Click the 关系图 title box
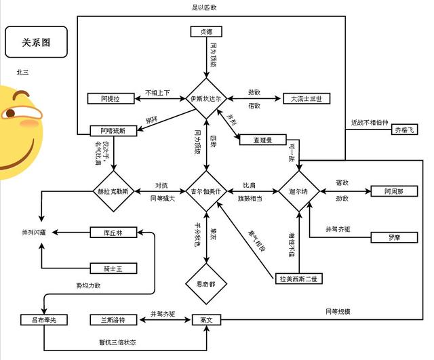[36, 42]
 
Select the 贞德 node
[206, 31]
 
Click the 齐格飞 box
[406, 129]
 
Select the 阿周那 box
[389, 192]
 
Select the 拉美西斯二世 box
[300, 278]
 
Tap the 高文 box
[206, 319]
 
